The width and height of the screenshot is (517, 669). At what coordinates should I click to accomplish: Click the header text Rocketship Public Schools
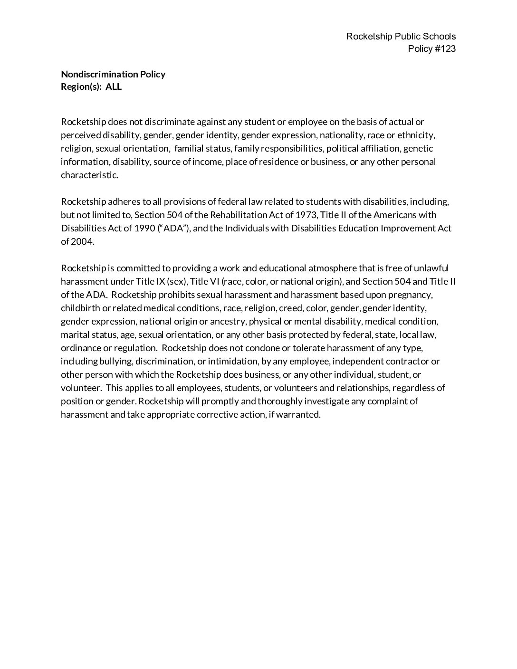pos(401,36)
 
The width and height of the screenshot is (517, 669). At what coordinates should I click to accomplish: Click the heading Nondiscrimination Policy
pos(113,74)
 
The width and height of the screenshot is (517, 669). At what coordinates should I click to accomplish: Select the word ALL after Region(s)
pos(114,87)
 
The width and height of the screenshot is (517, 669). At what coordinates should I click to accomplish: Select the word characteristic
pos(89,175)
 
